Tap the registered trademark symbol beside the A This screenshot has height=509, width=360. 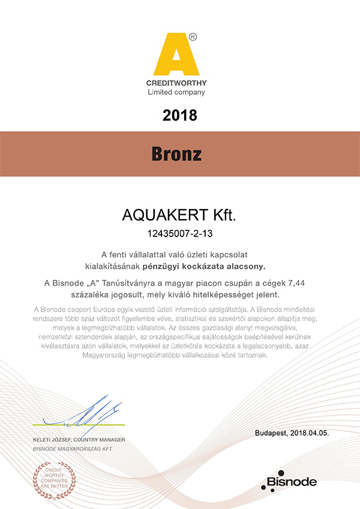coord(193,37)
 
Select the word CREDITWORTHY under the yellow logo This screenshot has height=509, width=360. coord(176,82)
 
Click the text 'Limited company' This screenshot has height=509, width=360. coord(176,92)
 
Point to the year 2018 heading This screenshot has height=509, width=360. coord(180,115)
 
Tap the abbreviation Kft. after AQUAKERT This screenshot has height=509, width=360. coord(220,214)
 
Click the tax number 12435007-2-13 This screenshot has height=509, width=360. coord(180,231)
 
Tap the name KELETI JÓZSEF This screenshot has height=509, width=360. coord(53,441)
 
